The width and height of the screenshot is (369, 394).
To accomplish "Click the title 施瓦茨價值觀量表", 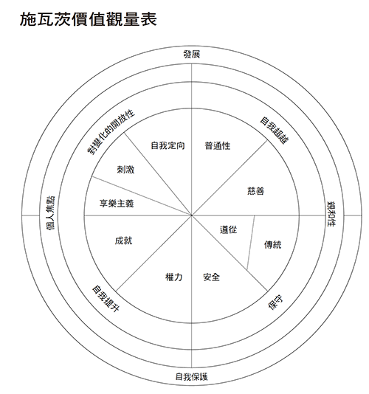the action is pos(89,19).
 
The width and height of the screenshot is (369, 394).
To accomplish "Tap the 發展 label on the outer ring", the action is pos(192,55).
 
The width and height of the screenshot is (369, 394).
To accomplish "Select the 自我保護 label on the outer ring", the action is pos(192,377).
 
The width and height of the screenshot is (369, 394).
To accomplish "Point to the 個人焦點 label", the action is pos(50,213).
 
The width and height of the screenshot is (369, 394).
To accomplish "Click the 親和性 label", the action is pos(331,214).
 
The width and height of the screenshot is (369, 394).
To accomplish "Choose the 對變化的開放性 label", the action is pos(111,132).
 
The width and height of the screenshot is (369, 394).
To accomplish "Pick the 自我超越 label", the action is pos(275,131).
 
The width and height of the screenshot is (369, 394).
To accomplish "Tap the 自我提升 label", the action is pos(106,299).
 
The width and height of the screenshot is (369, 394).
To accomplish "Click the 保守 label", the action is pos(275,303).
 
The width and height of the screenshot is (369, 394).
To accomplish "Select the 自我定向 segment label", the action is pos(168,145).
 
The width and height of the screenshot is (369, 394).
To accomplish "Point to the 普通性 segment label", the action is pos(218,146).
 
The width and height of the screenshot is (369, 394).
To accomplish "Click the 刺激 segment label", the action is pos(125,170).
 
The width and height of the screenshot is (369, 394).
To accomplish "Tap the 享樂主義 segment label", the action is pos(117,204).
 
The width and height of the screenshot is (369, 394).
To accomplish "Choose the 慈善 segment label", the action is pos(255,191).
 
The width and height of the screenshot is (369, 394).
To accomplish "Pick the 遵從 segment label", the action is pos(228,229).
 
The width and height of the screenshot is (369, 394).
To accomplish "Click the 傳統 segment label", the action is pos(272,245).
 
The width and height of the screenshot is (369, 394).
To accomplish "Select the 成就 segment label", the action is pos(123,241).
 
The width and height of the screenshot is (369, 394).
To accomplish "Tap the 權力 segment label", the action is pos(173,277).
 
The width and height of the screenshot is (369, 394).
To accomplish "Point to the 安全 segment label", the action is pos(211,277).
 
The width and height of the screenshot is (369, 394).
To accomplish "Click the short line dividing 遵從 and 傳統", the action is pos(251,243).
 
